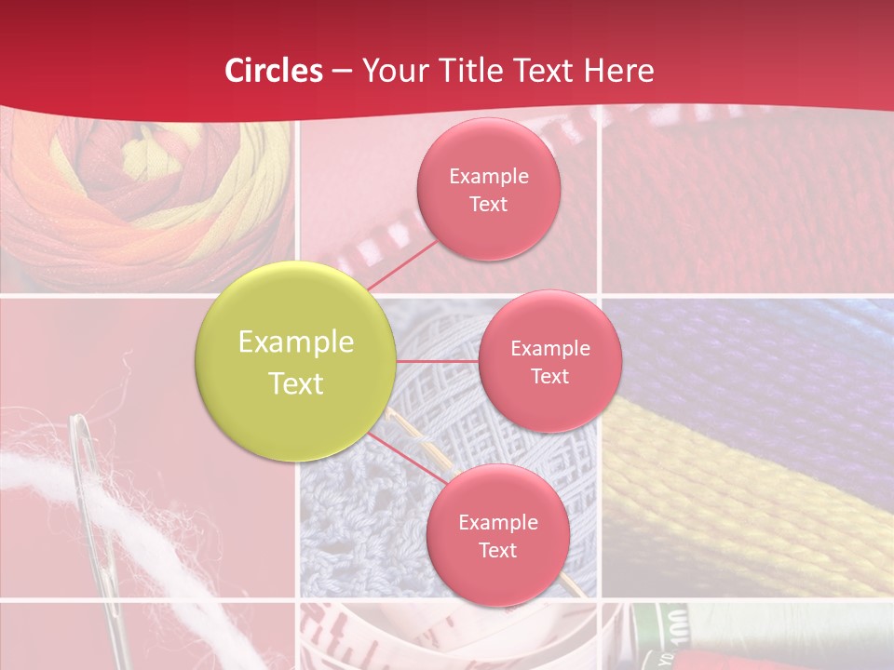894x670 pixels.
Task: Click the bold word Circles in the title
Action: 274,71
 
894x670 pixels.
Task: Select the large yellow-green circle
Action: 295,362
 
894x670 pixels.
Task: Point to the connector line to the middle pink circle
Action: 438,361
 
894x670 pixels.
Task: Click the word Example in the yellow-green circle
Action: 296,342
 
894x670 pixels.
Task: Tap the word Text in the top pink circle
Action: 488,205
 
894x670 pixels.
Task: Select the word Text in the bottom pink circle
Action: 497,551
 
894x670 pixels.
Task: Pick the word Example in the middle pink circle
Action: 550,349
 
